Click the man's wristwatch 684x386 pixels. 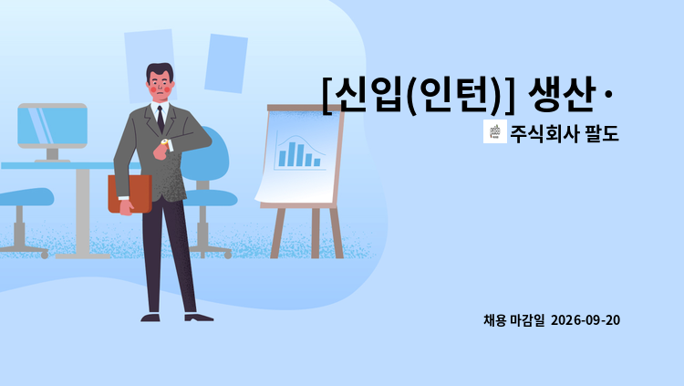tap(164, 142)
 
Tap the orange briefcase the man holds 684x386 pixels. tap(130, 193)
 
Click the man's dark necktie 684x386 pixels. tap(161, 120)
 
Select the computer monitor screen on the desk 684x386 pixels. tap(52, 125)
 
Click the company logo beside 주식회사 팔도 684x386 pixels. tap(495, 131)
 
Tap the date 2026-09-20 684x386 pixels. tap(585, 320)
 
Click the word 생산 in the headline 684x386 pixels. tap(562, 94)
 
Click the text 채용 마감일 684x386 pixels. tap(513, 320)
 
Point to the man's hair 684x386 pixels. tap(160, 71)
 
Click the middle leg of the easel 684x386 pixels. tap(316, 234)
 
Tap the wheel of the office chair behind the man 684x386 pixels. tap(228, 255)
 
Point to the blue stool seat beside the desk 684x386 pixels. tap(26, 197)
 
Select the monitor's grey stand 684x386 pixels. tap(52, 155)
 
